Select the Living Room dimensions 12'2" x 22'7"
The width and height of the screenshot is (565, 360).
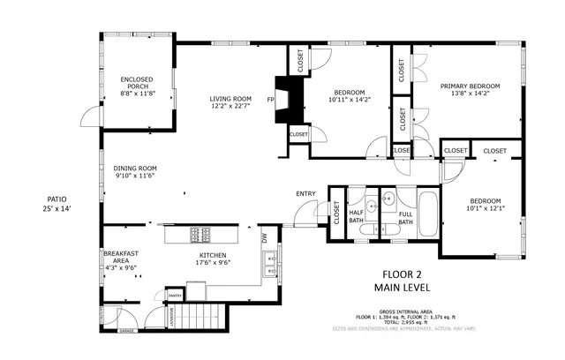click(230, 107)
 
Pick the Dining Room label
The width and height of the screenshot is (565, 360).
click(135, 168)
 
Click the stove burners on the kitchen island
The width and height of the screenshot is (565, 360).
click(200, 236)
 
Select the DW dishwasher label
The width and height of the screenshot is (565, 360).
click(263, 238)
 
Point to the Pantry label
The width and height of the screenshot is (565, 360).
click(175, 296)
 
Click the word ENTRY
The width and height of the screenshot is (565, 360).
click(305, 194)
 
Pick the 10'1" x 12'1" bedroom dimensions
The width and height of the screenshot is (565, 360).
click(484, 209)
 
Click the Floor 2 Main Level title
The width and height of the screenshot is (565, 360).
click(405, 281)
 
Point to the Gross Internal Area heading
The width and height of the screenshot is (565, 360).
click(405, 311)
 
